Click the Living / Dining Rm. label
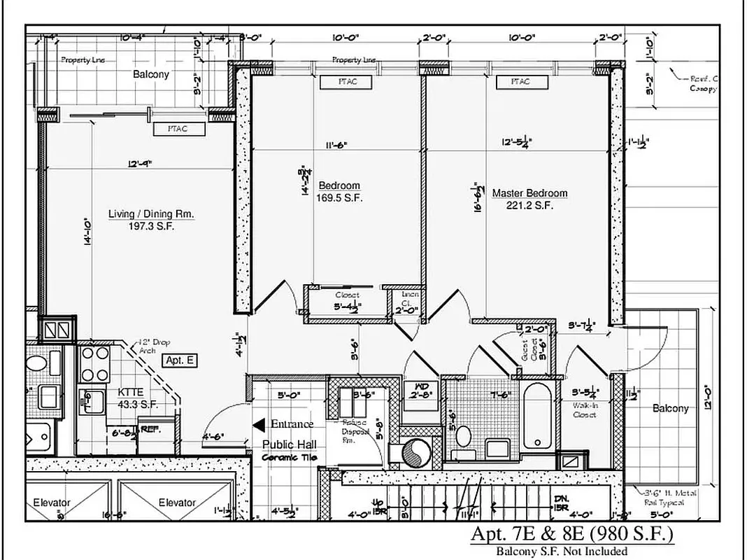coord(151,213)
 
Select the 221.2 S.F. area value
coord(529,205)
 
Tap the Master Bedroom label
coord(529,193)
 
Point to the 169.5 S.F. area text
coord(339,197)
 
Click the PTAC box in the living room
coord(177,129)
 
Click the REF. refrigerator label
coord(150,429)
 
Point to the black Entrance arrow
coord(258,424)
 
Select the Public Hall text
coord(289,444)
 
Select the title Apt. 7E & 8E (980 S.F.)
coord(572,535)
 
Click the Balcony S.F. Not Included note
coord(562,551)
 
